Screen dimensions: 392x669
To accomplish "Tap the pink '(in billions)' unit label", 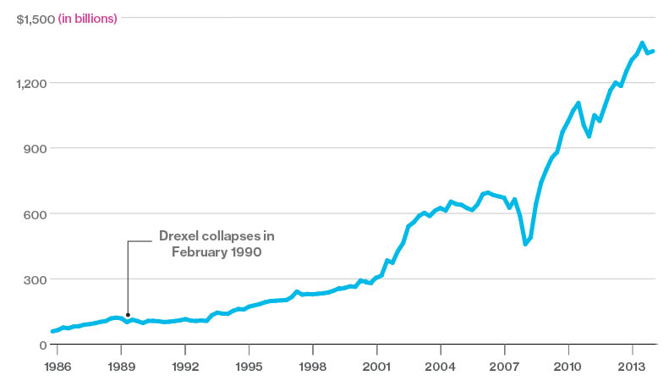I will [x=87, y=18].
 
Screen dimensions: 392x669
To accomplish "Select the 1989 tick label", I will [x=121, y=369].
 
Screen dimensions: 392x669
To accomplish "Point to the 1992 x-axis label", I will [x=185, y=369].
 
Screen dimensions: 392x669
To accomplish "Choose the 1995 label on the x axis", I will [x=249, y=369].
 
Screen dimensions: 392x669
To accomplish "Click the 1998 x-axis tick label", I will [x=313, y=369].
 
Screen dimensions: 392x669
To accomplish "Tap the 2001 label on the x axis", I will [x=376, y=369].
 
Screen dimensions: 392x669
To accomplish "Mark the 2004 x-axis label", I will [x=441, y=369].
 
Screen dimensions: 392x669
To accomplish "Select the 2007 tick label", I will [x=505, y=369].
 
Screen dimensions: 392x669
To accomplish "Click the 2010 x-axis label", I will [x=568, y=369].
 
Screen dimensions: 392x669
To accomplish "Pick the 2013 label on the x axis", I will [x=633, y=369].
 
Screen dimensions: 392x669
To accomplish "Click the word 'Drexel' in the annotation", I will [x=180, y=235].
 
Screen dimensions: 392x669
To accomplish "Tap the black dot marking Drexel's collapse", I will [x=128, y=315].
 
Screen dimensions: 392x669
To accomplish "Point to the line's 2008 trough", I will [x=525, y=244].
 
